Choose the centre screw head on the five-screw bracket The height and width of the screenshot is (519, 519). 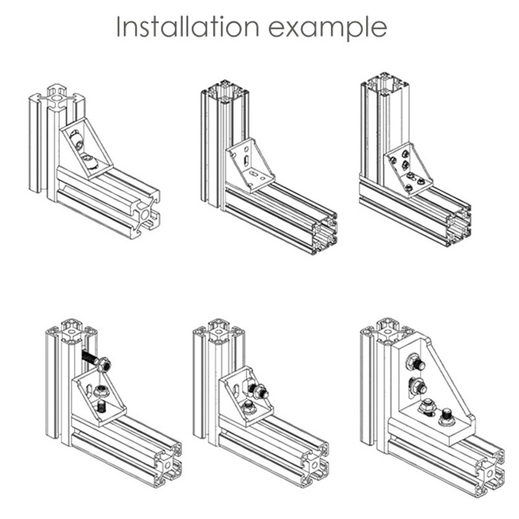coord(405,165)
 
